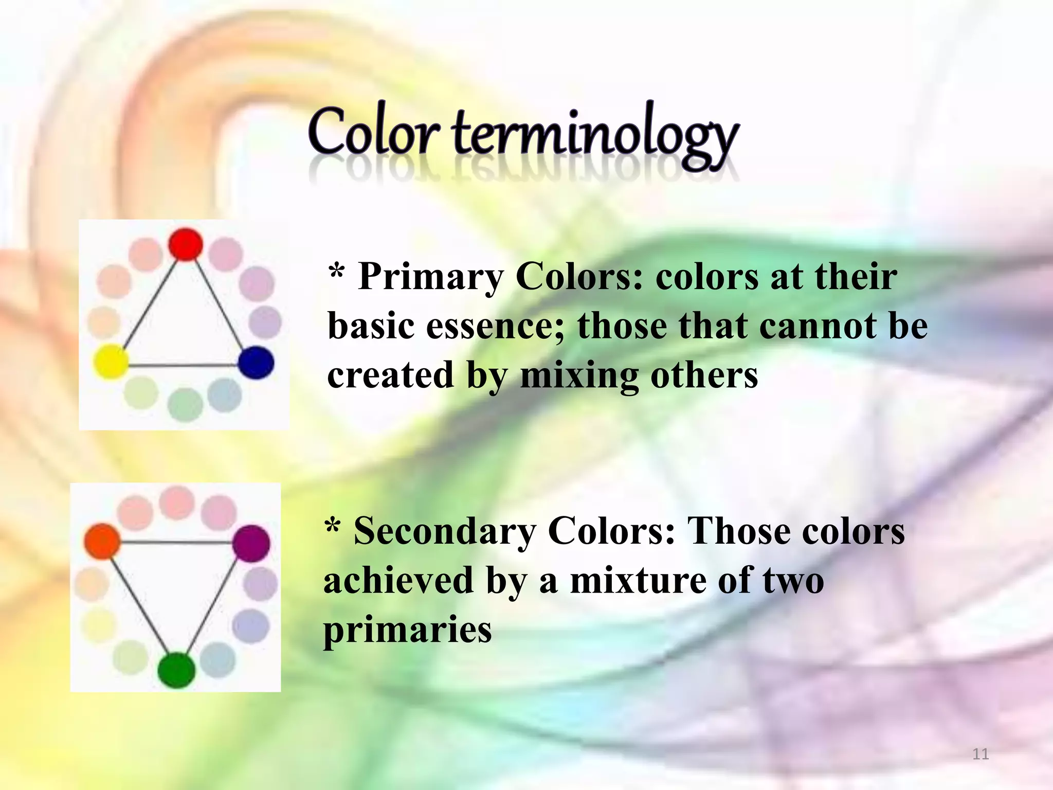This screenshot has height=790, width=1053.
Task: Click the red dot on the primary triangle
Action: coord(186,244)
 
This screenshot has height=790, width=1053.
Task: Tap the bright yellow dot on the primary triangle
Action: coord(110,362)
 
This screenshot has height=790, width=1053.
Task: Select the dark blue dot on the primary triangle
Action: coord(256,363)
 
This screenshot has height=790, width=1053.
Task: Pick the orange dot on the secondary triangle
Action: coord(102,541)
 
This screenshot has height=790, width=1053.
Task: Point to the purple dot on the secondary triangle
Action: coord(251,543)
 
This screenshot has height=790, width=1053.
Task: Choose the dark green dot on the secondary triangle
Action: coord(176,670)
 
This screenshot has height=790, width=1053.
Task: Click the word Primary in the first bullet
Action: coord(430,277)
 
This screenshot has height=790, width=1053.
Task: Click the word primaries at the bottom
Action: coord(407,630)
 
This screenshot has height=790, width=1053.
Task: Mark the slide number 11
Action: coord(981,755)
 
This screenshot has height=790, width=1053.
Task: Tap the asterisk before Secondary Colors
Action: coord(333,526)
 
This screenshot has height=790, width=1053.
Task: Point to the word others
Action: coord(704,375)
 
